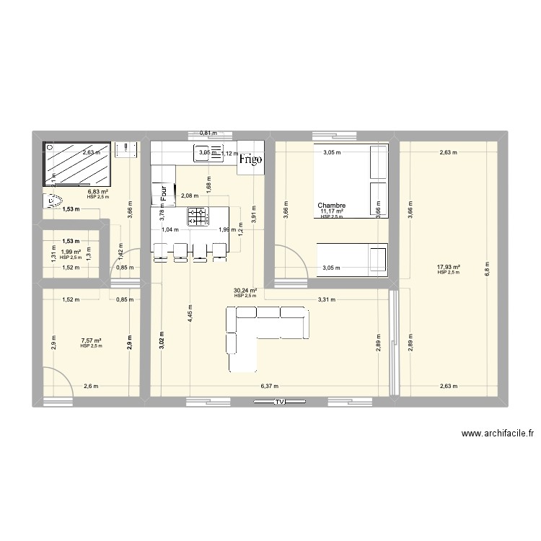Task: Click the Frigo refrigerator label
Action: click(x=251, y=159)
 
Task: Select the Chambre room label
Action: click(x=332, y=206)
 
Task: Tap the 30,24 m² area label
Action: click(x=245, y=291)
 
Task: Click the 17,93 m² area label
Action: click(x=448, y=268)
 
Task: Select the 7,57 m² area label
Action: click(x=92, y=340)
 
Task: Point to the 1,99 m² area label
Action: click(x=70, y=252)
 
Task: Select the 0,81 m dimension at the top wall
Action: click(x=208, y=133)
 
